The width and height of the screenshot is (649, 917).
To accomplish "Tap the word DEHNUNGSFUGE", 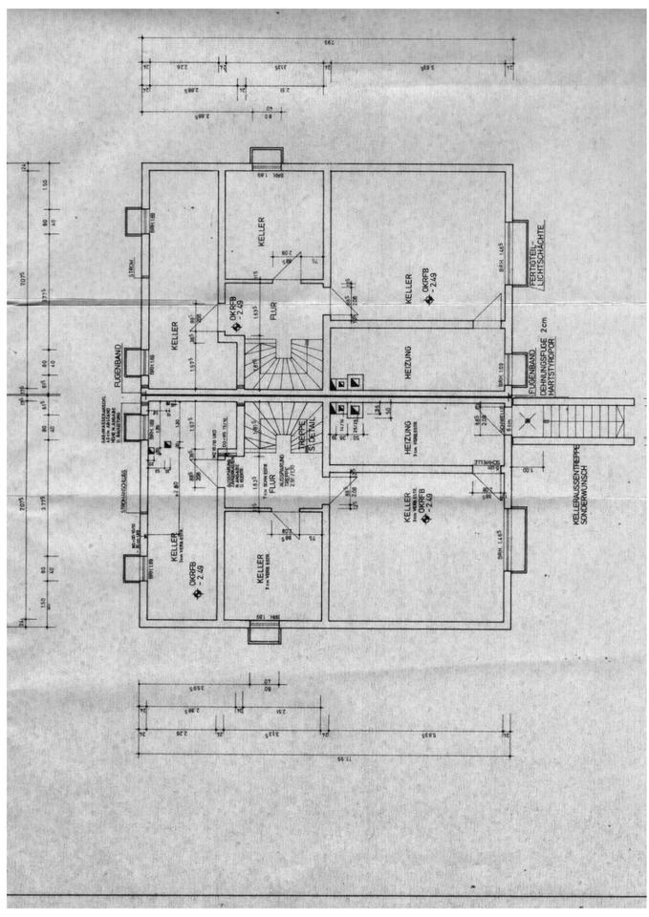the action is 542,383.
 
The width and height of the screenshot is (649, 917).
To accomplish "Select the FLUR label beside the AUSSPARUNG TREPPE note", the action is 271,484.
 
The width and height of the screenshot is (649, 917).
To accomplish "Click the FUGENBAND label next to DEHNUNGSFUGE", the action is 531,369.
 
